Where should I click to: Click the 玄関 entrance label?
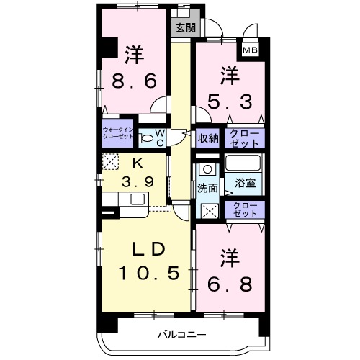coord(184,28)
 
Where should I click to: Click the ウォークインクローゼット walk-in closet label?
coord(118,134)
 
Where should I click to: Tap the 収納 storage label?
coord(209,138)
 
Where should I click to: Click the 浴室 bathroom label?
coord(246,184)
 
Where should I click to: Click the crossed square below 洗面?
coord(209,212)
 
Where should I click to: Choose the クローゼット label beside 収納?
coord(246,138)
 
